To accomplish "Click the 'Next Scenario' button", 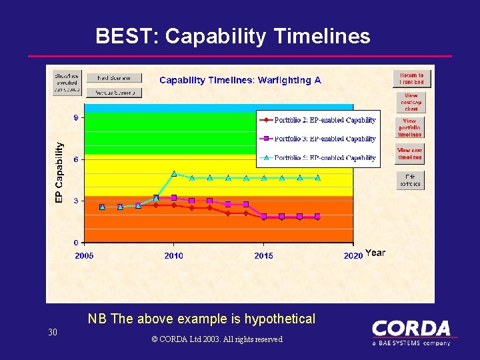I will tap(114, 78).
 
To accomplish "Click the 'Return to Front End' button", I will tap(411, 79).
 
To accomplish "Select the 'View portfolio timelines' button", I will tap(409, 128).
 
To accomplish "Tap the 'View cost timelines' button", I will tap(409, 154).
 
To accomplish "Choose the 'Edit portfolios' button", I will tap(409, 181).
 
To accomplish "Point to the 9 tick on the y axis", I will tap(76, 118).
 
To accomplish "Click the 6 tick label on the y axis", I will tap(76, 159).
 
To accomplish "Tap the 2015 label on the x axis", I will tap(263, 255).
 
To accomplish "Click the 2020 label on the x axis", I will tap(353, 255).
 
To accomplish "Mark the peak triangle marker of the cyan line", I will tap(174, 173).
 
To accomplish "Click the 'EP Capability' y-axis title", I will tap(59, 172).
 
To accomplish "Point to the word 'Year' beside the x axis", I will tap(375, 253).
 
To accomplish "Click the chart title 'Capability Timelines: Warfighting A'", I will tap(240, 80).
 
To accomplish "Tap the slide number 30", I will tap(53, 332).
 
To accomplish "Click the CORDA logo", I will tap(411, 332).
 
